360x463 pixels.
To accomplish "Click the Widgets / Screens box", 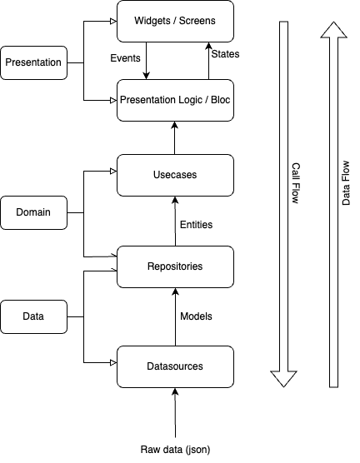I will pos(175,21).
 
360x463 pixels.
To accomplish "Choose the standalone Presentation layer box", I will pos(33,62).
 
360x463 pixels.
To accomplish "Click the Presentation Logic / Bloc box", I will pos(175,100).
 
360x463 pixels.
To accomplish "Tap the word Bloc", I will pos(220,100).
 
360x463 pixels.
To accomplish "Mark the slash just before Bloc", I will pos(207,100).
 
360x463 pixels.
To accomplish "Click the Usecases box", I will pos(175,175).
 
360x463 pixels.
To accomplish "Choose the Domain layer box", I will pos(33,212).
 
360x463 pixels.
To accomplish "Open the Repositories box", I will pos(175,266).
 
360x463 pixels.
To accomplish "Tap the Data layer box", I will pos(33,316).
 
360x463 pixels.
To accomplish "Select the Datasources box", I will pos(175,366).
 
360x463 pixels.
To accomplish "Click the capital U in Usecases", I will pos(156,175).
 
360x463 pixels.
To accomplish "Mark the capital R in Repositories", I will pos(151,266).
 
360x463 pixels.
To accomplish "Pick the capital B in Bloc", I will pos(212,100).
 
